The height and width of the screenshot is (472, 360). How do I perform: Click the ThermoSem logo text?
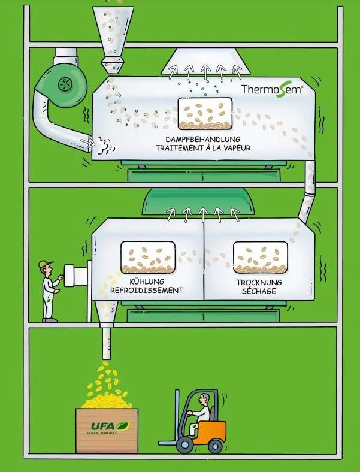pyautogui.click(x=272, y=89)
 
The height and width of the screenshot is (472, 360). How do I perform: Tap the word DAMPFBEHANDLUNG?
pyautogui.click(x=203, y=140)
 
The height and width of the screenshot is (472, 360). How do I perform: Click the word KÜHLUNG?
pyautogui.click(x=147, y=282)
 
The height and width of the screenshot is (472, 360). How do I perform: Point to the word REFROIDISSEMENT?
pyautogui.click(x=147, y=290)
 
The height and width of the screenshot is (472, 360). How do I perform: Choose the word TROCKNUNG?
pyautogui.click(x=259, y=282)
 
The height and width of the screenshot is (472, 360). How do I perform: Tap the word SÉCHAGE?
pyautogui.click(x=259, y=291)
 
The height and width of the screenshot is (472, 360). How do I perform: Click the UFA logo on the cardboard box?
pyautogui.click(x=110, y=426)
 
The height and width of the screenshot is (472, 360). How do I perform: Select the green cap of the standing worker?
pyautogui.click(x=45, y=264)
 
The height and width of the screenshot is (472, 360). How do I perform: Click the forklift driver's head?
pyautogui.click(x=204, y=399)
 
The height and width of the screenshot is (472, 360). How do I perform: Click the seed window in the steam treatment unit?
pyautogui.click(x=205, y=114)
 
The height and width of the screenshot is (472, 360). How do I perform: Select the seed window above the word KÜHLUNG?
pyautogui.click(x=148, y=258)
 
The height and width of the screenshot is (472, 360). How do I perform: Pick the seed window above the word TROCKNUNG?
pyautogui.click(x=261, y=258)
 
